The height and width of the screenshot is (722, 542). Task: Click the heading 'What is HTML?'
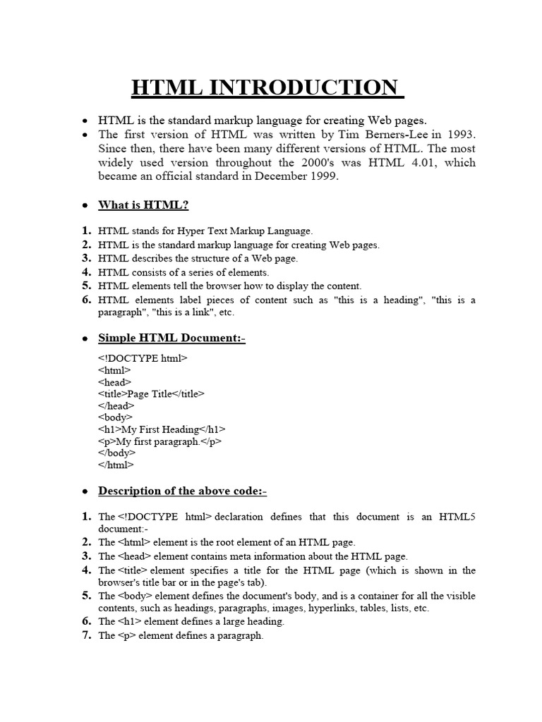(143, 205)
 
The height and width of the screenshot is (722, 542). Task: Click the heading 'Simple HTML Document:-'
(171, 338)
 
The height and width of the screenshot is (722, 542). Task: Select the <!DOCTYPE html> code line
(143, 358)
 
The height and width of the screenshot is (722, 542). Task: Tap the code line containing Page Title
(152, 394)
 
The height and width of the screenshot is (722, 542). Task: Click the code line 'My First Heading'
(162, 429)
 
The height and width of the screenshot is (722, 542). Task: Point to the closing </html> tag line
(116, 465)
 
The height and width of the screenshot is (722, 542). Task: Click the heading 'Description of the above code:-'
(182, 491)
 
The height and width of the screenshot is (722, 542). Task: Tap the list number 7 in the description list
(86, 635)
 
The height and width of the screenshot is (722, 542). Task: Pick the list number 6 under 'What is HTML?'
(86, 300)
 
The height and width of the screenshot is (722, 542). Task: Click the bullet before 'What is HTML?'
(85, 206)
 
